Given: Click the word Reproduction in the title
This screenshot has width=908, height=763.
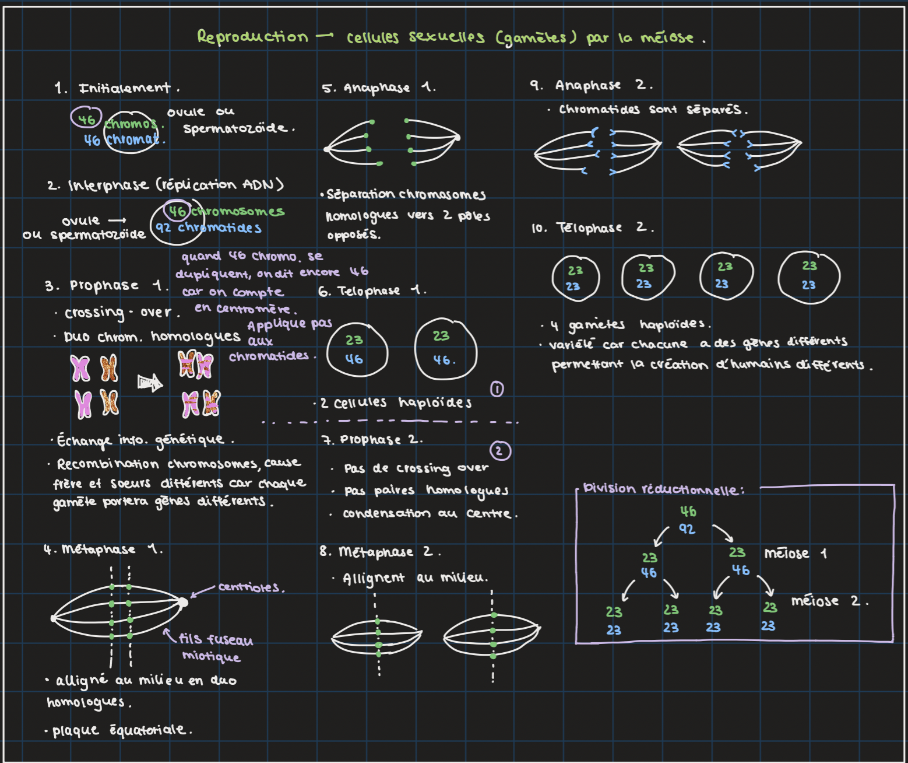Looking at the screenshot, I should coord(252,37).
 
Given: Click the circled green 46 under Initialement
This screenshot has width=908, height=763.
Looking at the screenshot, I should coord(87,118).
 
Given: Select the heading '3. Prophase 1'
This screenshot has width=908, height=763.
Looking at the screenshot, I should coord(105,286).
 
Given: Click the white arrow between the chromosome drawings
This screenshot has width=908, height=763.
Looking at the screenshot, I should coord(150,383).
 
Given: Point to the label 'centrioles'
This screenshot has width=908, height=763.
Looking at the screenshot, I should coord(251,587).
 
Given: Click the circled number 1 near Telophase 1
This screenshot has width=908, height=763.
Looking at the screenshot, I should coord(497,389).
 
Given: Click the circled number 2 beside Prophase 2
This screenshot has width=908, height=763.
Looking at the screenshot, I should coord(499,451).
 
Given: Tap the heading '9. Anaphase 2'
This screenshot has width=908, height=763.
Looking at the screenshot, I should coord(590,85).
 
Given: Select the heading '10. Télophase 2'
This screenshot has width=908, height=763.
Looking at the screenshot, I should coord(592,228).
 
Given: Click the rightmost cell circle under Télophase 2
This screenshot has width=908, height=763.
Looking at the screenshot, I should coord(809,277).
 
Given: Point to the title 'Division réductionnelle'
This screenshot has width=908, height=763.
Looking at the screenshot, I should coord(663,489).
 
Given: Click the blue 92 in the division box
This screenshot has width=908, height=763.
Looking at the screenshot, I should coord(687,529).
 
